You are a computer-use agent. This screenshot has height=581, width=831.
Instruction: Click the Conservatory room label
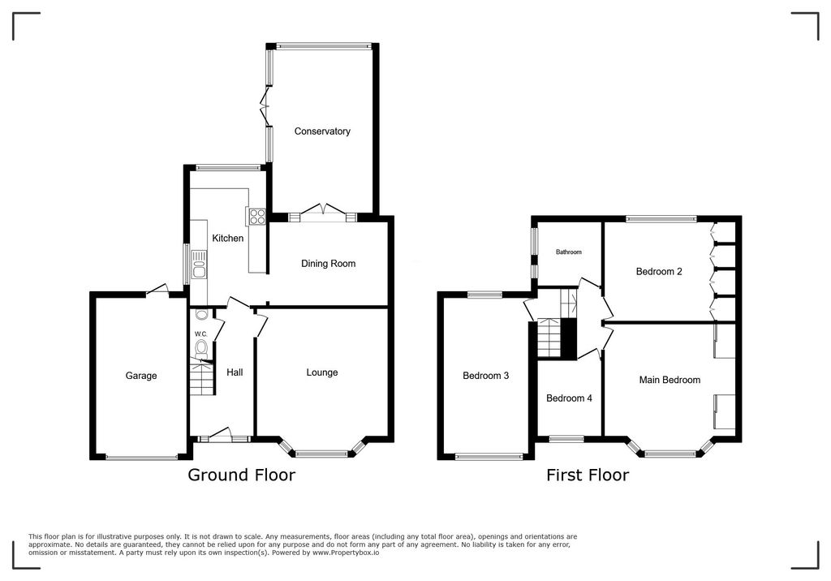(x=322, y=131)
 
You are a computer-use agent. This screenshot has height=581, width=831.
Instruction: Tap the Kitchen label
(x=228, y=239)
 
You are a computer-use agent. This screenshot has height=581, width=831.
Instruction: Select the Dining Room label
(x=328, y=264)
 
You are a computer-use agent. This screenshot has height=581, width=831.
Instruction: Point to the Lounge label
(x=322, y=372)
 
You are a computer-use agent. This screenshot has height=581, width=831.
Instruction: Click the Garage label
(x=141, y=376)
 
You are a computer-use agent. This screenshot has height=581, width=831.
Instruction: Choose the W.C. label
(x=201, y=334)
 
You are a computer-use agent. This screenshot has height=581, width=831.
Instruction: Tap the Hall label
(x=235, y=372)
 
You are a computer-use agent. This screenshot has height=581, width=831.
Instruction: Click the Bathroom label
(x=568, y=252)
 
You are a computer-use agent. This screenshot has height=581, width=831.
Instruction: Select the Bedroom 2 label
(x=658, y=272)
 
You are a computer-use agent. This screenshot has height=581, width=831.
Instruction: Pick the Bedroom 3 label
(x=485, y=376)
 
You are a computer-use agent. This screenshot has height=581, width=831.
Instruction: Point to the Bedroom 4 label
(x=569, y=398)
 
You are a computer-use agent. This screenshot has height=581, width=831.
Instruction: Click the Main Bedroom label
(x=670, y=380)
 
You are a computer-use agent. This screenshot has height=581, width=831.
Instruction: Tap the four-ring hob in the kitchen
(x=257, y=216)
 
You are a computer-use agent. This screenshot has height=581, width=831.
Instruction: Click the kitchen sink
(x=199, y=261)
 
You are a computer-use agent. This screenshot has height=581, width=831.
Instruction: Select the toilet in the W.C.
(x=200, y=349)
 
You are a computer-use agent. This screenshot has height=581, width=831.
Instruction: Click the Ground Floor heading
(x=241, y=476)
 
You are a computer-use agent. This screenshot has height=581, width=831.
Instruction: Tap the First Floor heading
(x=587, y=476)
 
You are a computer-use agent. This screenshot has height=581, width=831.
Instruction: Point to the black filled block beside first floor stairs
(x=569, y=338)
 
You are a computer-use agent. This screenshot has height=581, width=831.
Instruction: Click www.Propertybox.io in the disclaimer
(x=345, y=552)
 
